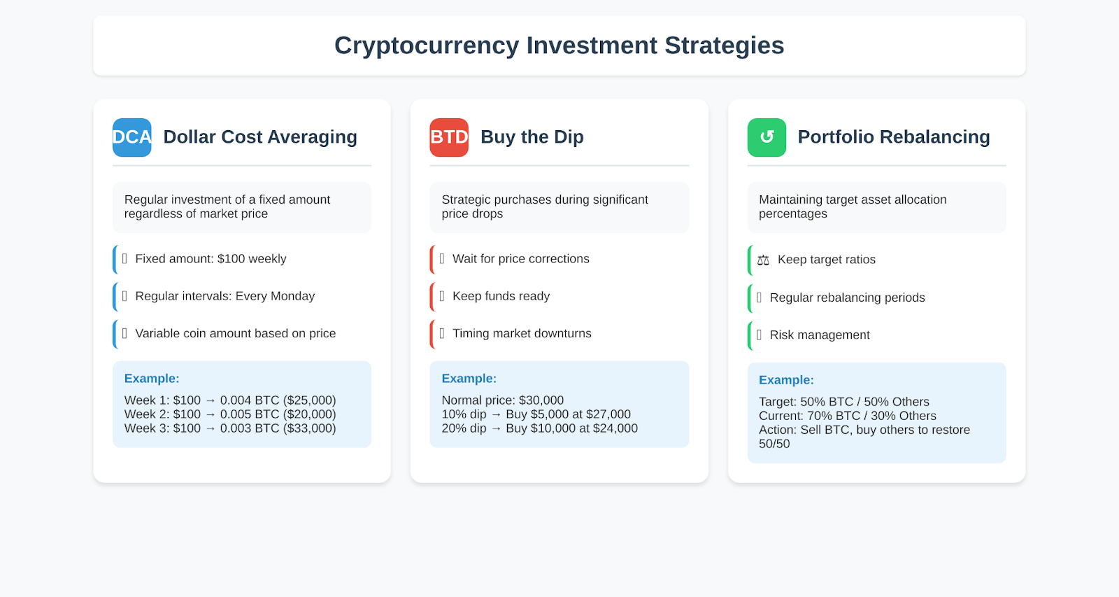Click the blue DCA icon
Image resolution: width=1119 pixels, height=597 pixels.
pyautogui.click(x=132, y=137)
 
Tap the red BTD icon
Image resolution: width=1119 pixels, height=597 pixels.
pyautogui.click(x=449, y=137)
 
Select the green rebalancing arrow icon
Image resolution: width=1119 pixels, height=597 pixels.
pyautogui.click(x=767, y=137)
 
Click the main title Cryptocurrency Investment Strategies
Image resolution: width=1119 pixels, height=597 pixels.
pyautogui.click(x=559, y=45)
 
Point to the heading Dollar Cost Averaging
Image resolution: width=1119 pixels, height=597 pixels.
pyautogui.click(x=260, y=137)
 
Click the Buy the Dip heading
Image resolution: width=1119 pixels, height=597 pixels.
pyautogui.click(x=532, y=137)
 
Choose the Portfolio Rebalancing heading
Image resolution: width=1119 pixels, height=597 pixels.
pyautogui.click(x=894, y=137)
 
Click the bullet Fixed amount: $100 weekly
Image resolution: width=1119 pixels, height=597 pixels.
pyautogui.click(x=211, y=259)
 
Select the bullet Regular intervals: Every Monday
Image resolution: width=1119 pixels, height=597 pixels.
pyautogui.click(x=224, y=296)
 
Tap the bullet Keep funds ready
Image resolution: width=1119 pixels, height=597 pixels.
pyautogui.click(x=501, y=296)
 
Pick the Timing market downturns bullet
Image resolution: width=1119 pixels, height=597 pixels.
pyautogui.click(x=522, y=334)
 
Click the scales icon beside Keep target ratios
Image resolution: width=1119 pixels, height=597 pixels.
pyautogui.click(x=763, y=260)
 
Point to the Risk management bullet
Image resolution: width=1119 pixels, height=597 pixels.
pyautogui.click(x=820, y=335)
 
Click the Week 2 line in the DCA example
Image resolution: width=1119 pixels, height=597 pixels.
pyautogui.click(x=230, y=414)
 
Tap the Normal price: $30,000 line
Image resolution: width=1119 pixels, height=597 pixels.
pyautogui.click(x=503, y=400)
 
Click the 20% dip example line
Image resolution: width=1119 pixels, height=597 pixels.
pyautogui.click(x=539, y=428)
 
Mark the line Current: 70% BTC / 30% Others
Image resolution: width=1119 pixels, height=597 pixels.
pyautogui.click(x=848, y=416)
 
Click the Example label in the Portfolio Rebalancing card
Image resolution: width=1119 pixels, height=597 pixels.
pyautogui.click(x=786, y=380)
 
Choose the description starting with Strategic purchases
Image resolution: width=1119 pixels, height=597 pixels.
pyautogui.click(x=545, y=206)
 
